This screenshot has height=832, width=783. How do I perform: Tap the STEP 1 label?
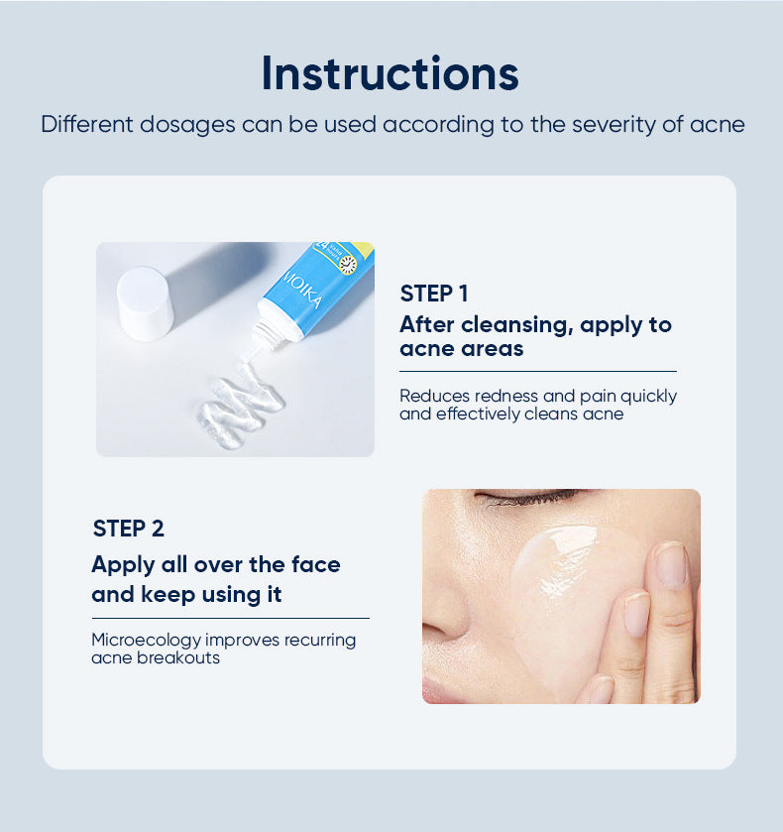[x=433, y=294]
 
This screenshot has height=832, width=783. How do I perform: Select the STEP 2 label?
[x=128, y=529]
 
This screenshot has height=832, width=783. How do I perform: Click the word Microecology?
[x=146, y=640]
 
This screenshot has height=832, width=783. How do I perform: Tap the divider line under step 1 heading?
[x=537, y=371]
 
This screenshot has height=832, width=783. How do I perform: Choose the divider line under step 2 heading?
[x=230, y=618]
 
